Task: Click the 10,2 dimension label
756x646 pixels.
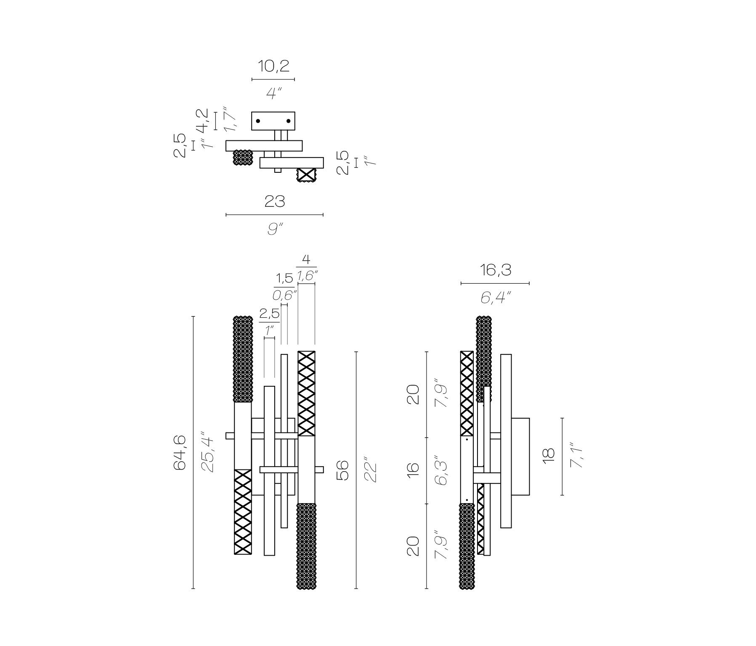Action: point(273,66)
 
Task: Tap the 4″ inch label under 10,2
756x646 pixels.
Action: point(273,93)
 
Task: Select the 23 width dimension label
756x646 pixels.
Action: point(275,202)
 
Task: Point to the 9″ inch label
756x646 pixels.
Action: point(275,229)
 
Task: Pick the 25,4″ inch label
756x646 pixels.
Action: point(207,452)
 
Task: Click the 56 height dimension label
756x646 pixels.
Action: point(343,470)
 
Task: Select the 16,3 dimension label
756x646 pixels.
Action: point(496,270)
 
